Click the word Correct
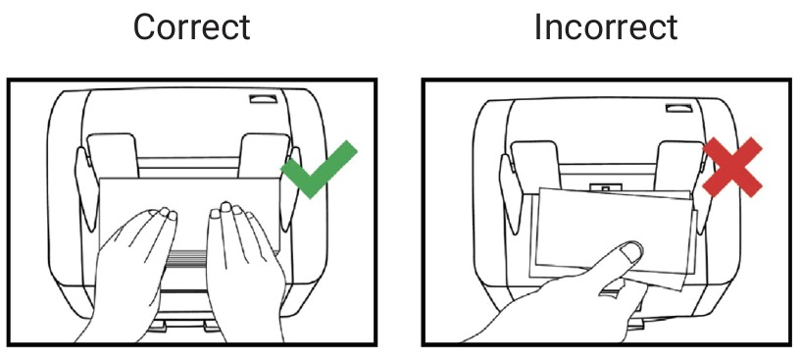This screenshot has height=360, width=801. coord(191,27)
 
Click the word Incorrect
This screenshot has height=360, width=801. coord(606,27)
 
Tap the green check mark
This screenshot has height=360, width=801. coord(319,170)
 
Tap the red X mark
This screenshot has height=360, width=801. coord(732,167)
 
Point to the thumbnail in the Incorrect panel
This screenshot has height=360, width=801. coord(630,251)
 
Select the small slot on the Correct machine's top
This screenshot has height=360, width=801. coord(263,99)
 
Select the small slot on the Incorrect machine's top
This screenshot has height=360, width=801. coord(678,108)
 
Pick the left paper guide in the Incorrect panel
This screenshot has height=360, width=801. coord(535,165)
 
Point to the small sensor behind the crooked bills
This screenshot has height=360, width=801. coord(605,188)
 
